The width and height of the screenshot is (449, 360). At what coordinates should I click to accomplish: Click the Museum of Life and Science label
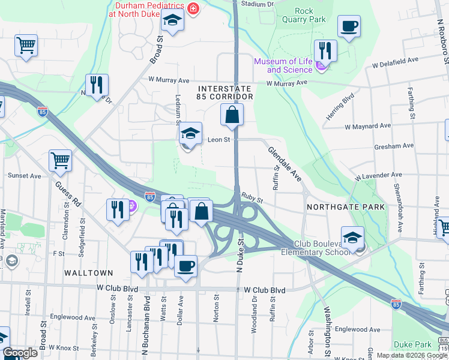click(x=284, y=65)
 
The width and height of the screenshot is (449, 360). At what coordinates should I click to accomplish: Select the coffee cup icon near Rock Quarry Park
click(x=349, y=26)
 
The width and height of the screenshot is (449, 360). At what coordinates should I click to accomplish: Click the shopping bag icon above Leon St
click(x=232, y=115)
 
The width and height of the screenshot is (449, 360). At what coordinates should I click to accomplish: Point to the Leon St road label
click(x=219, y=140)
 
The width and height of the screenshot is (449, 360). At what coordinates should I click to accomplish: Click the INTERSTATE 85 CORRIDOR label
click(x=225, y=92)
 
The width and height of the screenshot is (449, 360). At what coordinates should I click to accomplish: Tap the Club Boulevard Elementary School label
click(x=321, y=248)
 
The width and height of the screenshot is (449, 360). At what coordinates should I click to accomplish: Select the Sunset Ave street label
click(x=24, y=176)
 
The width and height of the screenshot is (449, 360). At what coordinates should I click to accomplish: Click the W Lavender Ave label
click(x=378, y=175)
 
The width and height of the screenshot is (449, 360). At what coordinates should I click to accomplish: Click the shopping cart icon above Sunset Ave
click(x=60, y=161)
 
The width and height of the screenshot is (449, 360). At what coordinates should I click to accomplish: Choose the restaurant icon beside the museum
click(x=325, y=50)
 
